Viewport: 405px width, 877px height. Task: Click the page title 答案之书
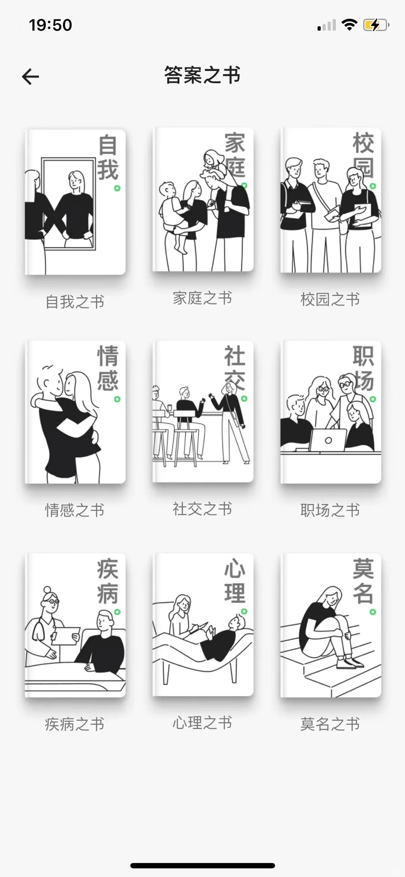point(202,75)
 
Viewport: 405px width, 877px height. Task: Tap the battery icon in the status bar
point(375,25)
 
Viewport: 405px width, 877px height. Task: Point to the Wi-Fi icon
point(349,25)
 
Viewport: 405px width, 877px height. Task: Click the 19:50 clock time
point(50,25)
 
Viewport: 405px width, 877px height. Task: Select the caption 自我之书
point(75,302)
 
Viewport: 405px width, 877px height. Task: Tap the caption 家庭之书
point(202,298)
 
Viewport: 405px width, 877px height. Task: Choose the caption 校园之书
point(330,299)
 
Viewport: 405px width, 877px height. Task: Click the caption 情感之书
point(75,510)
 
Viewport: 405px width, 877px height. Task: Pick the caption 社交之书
point(202,509)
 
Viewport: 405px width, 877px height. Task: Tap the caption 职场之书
point(330,510)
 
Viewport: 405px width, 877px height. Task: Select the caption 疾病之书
point(75,724)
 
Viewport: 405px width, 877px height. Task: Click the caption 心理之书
point(202,723)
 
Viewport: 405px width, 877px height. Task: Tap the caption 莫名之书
point(330,724)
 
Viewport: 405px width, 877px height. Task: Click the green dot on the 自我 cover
point(117,188)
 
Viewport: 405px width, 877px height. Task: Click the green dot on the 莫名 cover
point(373,612)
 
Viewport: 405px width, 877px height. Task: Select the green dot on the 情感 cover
point(117,399)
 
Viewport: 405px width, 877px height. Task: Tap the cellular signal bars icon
point(327,26)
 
